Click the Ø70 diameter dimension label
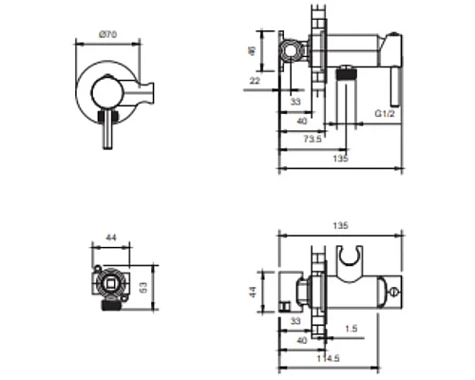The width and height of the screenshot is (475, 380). (107, 34)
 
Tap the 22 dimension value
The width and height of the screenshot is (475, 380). (255, 81)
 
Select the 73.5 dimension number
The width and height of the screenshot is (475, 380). (313, 139)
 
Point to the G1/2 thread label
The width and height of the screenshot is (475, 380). (385, 113)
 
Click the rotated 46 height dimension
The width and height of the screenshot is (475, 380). (252, 51)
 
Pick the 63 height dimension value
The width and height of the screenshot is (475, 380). (143, 288)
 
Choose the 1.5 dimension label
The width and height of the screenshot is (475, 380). (351, 329)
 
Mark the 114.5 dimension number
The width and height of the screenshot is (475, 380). (328, 358)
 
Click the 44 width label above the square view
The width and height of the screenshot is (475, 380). (111, 237)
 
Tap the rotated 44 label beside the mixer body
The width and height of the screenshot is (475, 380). (253, 292)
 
